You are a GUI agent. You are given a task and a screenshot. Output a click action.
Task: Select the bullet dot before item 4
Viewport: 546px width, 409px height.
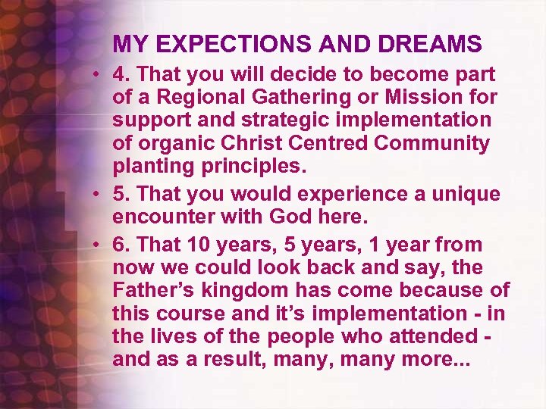pyautogui.click(x=99, y=75)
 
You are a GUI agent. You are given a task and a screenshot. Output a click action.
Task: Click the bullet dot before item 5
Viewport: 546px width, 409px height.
pyautogui.click(x=99, y=194)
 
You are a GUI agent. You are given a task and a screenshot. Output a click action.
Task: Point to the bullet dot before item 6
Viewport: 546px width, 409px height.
pyautogui.click(x=99, y=245)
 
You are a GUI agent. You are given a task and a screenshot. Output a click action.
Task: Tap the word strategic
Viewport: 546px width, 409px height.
pyautogui.click(x=253, y=120)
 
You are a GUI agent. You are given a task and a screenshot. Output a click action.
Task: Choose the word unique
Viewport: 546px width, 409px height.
pyautogui.click(x=464, y=194)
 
